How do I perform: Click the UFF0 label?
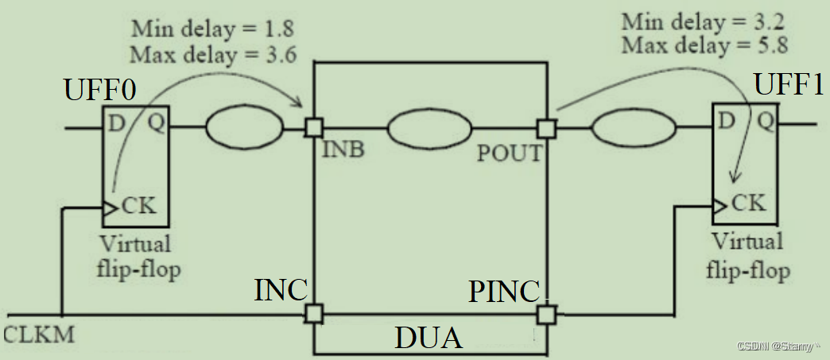(99, 91)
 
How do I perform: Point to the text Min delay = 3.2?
(705, 21)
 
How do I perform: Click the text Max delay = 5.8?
(705, 45)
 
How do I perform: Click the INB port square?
(314, 127)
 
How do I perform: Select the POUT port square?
(545, 127)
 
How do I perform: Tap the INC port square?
(314, 314)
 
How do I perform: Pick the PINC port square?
(545, 315)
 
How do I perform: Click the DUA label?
(429, 339)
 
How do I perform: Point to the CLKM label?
(39, 334)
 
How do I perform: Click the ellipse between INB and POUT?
(429, 127)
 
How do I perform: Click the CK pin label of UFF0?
(141, 207)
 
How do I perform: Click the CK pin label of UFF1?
(748, 203)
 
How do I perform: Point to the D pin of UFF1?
(725, 121)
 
